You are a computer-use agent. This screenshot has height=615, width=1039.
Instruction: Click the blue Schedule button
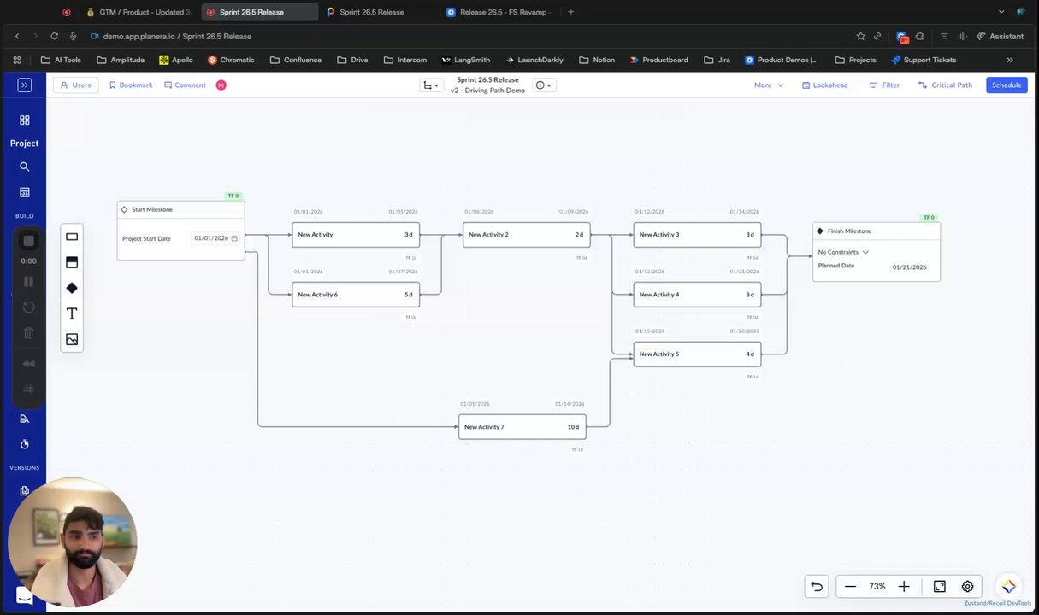click(1007, 85)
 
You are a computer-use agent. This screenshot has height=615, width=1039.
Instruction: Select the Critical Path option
click(945, 85)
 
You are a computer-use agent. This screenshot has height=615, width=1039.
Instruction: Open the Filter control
click(884, 85)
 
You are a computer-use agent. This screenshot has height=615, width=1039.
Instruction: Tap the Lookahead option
click(824, 85)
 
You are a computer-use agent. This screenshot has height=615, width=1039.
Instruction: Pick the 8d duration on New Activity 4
click(749, 295)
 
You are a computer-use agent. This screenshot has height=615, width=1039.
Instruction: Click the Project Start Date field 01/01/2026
click(211, 238)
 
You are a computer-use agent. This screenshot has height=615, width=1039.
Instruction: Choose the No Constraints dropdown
click(843, 252)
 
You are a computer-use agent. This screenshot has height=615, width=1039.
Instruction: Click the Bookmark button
click(130, 85)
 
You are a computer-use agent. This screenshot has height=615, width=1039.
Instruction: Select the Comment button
click(185, 85)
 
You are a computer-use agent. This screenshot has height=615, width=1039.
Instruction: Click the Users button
click(75, 85)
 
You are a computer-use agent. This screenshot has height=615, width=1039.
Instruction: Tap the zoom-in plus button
click(903, 587)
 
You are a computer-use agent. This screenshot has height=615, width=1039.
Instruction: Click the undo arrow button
click(817, 587)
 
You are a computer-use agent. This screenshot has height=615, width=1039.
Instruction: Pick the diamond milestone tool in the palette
click(72, 288)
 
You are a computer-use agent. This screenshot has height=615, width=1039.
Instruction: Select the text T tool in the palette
click(72, 313)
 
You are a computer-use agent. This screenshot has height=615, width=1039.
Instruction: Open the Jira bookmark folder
click(716, 60)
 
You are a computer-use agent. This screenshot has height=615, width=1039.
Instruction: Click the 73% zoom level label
click(877, 587)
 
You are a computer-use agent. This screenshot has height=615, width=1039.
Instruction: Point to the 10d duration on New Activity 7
click(573, 427)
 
